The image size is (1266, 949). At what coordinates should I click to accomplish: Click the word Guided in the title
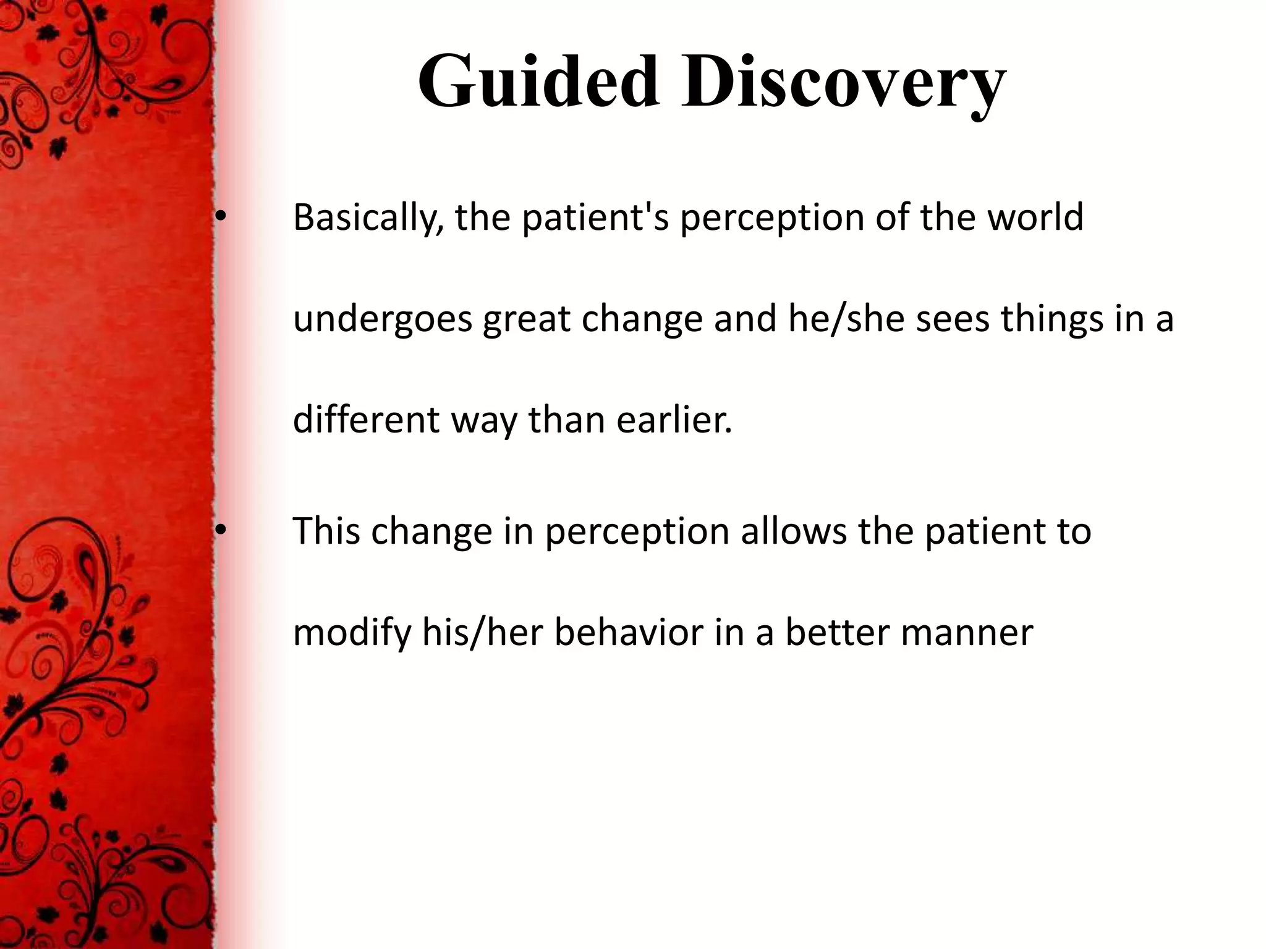click(538, 83)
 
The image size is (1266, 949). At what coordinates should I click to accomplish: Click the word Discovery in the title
click(843, 83)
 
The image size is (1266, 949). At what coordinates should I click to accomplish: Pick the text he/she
click(845, 319)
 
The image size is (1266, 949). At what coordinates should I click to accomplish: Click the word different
click(366, 420)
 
